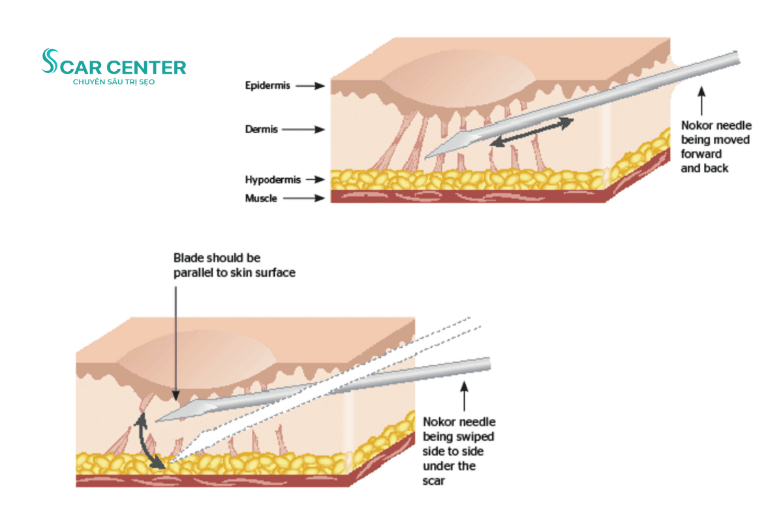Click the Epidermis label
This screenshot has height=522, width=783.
tap(268, 85)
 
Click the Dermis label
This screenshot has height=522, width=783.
tap(262, 129)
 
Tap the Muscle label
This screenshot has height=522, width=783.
tap(261, 198)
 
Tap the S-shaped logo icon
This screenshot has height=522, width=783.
tap(49, 61)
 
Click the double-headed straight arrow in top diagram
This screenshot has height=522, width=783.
tap(532, 131)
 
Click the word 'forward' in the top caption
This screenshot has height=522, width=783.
tap(701, 154)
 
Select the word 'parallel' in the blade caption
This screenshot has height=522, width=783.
tap(191, 273)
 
